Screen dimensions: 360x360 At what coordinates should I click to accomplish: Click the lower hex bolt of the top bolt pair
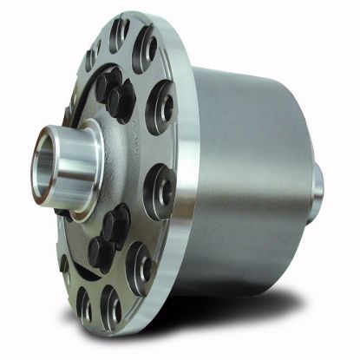pyautogui.click(x=121, y=101)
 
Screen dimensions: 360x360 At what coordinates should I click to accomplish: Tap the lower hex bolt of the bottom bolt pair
pyautogui.click(x=101, y=252)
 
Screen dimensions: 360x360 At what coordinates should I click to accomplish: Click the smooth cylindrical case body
pyautogui.click(x=252, y=165)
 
